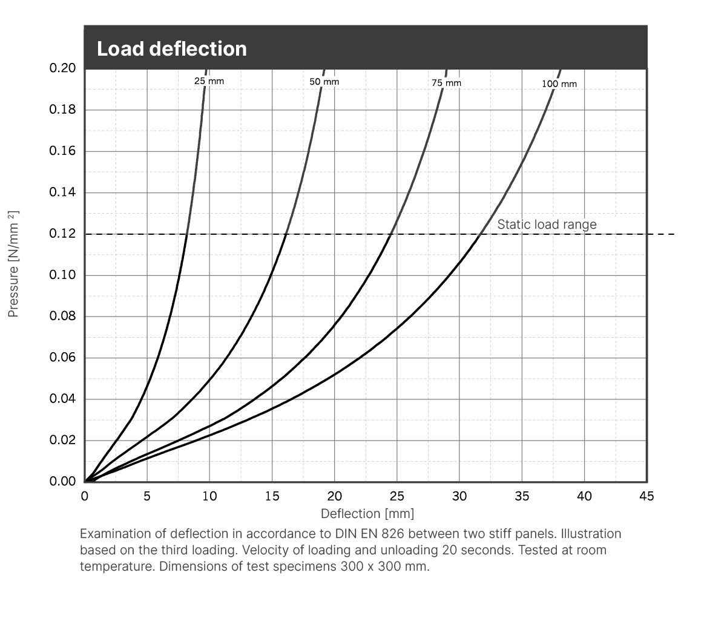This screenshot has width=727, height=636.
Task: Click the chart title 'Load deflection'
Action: [x=172, y=48]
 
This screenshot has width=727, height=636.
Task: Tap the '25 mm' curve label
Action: [x=209, y=80]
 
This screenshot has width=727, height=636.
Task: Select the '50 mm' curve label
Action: [x=324, y=82]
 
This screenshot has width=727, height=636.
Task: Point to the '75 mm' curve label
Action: [x=446, y=83]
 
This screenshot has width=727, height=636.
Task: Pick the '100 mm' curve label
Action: [x=559, y=84]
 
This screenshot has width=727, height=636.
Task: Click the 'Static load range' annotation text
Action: [x=547, y=225]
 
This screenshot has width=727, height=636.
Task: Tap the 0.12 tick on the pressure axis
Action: [x=63, y=234]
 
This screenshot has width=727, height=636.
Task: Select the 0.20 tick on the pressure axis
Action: [x=63, y=68]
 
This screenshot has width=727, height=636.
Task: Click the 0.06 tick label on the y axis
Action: [x=63, y=358]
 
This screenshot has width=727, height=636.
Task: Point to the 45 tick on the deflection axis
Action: [x=646, y=496]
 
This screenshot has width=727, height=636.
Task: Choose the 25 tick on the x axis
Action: [x=396, y=496]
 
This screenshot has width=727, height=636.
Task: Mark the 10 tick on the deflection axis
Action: [x=209, y=496]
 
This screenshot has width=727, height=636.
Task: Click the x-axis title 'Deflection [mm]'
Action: [x=367, y=514]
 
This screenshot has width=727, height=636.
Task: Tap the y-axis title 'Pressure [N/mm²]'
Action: [x=13, y=264]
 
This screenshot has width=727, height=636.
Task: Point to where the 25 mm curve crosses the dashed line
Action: [x=187, y=234]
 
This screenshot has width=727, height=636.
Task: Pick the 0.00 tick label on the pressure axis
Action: [x=63, y=482]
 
